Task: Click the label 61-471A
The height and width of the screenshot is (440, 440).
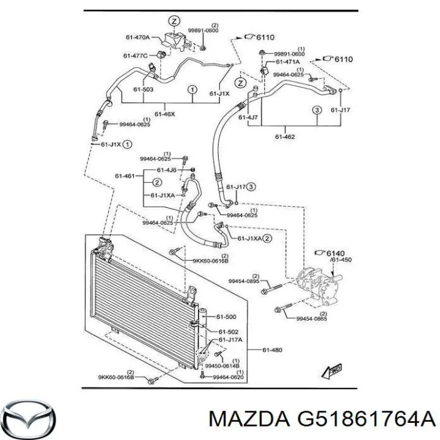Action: [x=287, y=62]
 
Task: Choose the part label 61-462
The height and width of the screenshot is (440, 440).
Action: [x=284, y=137]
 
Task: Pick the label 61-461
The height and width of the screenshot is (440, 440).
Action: [x=125, y=176]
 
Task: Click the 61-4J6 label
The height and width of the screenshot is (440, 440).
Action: [x=167, y=169]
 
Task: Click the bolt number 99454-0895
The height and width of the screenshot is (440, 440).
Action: [x=244, y=281]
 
